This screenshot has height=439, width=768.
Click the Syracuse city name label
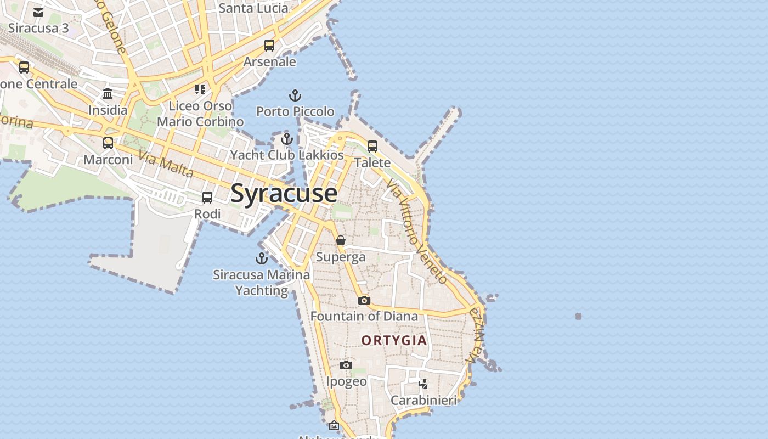pos(284,193)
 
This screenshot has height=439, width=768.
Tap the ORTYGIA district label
pos(394,340)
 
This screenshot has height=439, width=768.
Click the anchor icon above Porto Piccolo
pos(295,96)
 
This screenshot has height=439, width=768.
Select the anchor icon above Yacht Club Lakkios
pos(286,138)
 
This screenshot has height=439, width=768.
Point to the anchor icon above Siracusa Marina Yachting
pos(262,258)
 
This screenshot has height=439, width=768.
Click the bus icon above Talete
pos(372,147)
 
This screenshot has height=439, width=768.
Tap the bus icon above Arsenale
pos(269,46)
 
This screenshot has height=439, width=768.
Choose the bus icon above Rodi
pos(207,198)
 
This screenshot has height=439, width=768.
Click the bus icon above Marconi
pos(108,143)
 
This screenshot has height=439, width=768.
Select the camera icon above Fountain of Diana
pos(364,300)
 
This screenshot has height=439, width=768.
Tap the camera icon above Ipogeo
pos(346,365)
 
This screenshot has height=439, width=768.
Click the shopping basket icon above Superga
pos(341,240)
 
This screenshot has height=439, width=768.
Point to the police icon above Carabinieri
pos(423,384)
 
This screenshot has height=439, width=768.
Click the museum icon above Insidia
pos(108,93)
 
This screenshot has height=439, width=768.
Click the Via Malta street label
pos(166,164)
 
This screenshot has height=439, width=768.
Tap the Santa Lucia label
pos(253,8)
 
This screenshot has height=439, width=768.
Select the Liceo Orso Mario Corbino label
pos(200,114)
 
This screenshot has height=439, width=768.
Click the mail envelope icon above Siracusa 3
pos(38,12)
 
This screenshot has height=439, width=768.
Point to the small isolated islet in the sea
pos(578,316)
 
